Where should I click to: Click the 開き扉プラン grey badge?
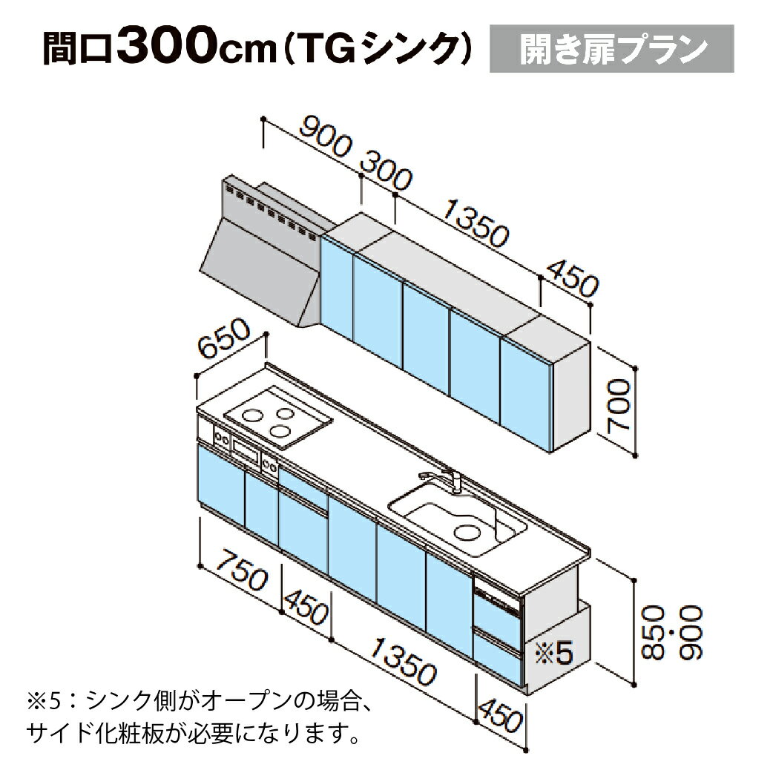611,48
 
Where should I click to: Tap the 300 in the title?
166,46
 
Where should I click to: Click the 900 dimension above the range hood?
326,137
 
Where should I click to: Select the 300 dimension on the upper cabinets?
386,171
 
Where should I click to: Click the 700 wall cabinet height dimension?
618,406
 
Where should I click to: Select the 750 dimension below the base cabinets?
243,571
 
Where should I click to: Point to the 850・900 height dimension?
671,633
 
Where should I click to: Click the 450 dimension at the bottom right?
500,715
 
